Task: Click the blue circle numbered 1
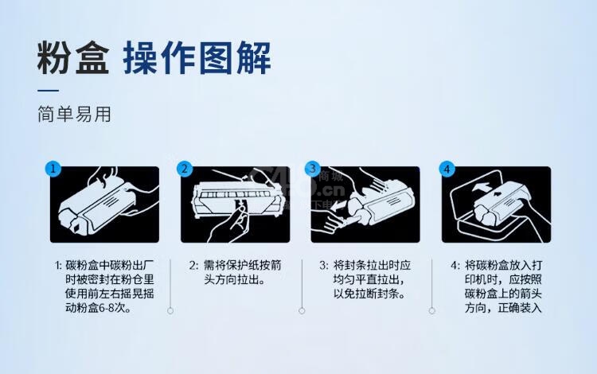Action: [53, 169]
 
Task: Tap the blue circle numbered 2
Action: [185, 169]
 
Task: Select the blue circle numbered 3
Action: [313, 169]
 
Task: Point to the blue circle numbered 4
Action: [447, 169]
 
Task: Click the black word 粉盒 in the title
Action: [73, 58]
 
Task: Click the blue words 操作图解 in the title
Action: [197, 58]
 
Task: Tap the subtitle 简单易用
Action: [74, 114]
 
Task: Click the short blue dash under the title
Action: [48, 91]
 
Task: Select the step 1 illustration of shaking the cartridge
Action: [105, 205]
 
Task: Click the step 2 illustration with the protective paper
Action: [236, 205]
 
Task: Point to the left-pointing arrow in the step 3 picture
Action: [338, 206]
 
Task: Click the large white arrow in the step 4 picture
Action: [482, 187]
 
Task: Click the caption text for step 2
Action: [236, 272]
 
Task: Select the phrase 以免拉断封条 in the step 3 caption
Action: [369, 294]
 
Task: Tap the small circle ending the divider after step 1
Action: [170, 311]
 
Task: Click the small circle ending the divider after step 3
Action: [431, 311]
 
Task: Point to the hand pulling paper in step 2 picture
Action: [229, 224]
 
